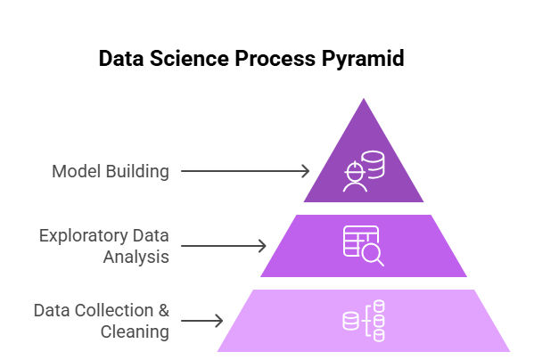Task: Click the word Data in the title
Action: point(121,58)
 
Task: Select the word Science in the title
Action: point(189,58)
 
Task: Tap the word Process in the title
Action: point(275,58)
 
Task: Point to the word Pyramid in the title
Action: point(363,60)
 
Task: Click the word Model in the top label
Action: point(77,171)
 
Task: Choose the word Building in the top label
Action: point(137,172)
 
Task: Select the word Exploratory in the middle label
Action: point(84,236)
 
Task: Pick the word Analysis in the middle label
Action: point(136,258)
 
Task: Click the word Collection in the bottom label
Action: point(114,311)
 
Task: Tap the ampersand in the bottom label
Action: point(164,311)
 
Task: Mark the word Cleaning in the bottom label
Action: point(135,332)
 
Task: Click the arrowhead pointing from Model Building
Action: point(305,171)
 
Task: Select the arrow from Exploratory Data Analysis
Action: point(224,246)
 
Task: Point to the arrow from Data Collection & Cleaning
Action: point(202,321)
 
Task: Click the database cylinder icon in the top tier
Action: point(374,164)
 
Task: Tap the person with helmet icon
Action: point(355,177)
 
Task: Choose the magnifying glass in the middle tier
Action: point(373,255)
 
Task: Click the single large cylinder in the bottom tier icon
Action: point(350,321)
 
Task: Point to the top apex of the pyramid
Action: point(364,99)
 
